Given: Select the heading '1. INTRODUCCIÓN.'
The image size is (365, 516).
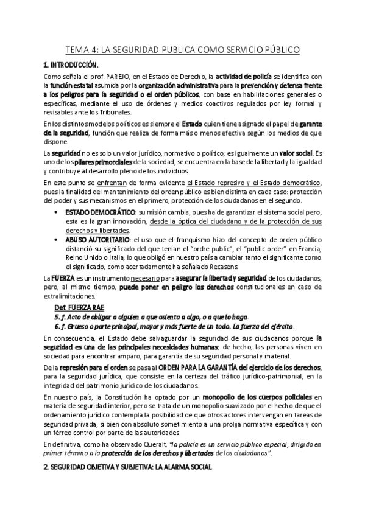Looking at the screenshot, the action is pos(70,64).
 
